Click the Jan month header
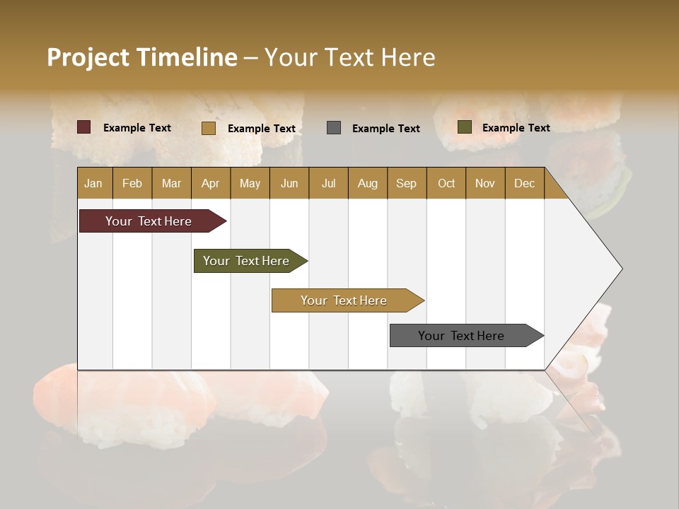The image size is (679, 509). point(93,183)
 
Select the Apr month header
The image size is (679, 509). point(210,183)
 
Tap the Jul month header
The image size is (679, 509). point(328,183)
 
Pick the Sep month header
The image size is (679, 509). point(406,183)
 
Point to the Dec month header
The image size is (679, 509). point(524,183)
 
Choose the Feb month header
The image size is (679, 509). point(132,183)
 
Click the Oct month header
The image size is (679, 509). point(446,183)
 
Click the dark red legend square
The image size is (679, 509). point(83,127)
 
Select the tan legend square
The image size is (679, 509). point(208,128)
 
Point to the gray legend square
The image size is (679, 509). point(334,127)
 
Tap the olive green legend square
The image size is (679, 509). point(464,127)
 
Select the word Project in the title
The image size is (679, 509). point(88,57)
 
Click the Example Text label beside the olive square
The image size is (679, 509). point(516,128)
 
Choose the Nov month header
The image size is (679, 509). point(485,183)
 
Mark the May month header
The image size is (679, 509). point(250,183)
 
